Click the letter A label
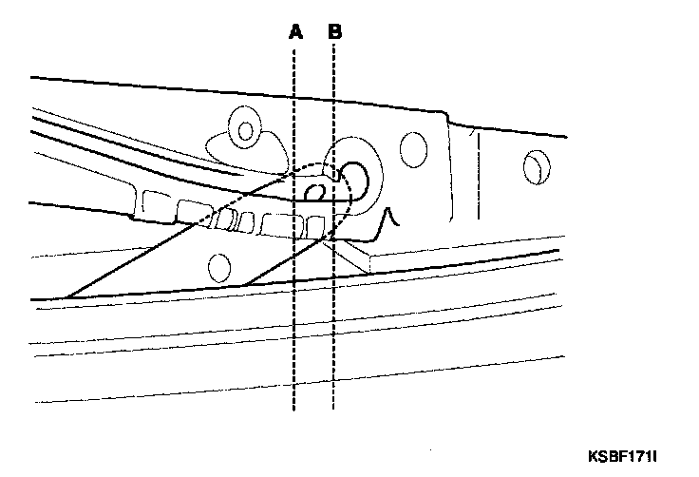[x=295, y=31]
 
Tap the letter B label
[x=334, y=31]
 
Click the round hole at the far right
[x=535, y=167]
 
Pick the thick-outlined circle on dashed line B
[x=354, y=175]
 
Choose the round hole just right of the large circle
[x=412, y=148]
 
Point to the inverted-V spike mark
[x=388, y=220]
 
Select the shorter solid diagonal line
[x=285, y=261]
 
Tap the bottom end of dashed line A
[x=295, y=409]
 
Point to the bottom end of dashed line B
[x=334, y=409]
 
